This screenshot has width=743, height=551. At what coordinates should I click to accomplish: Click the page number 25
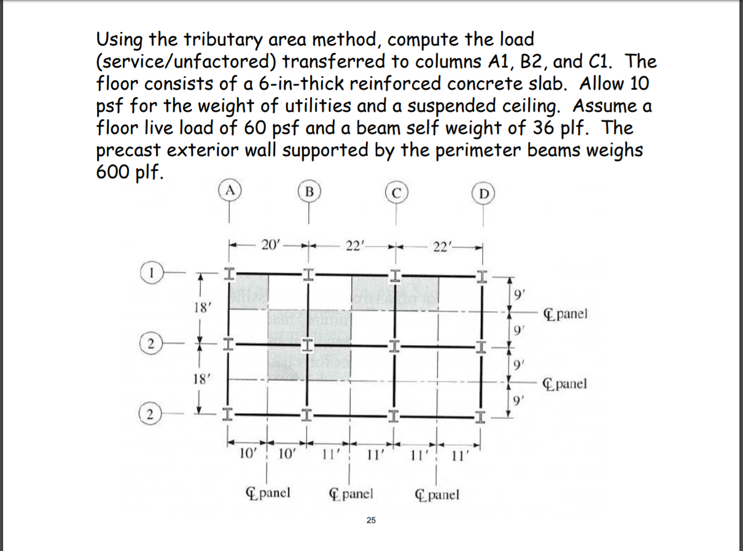(x=370, y=521)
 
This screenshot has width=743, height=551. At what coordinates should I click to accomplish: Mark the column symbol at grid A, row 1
(x=228, y=272)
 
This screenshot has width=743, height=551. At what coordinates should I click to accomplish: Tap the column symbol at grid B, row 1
(x=308, y=272)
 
